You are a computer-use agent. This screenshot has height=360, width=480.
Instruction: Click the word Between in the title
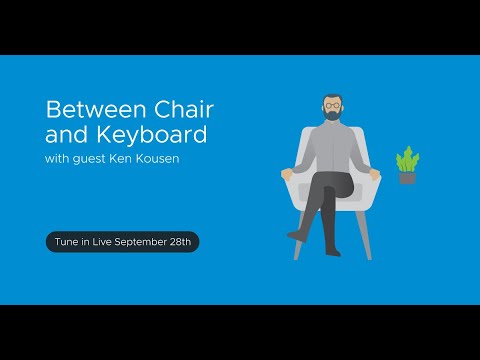[83, 108]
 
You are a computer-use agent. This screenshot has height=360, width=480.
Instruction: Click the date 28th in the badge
[185, 242]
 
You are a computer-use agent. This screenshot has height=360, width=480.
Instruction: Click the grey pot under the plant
[406, 178]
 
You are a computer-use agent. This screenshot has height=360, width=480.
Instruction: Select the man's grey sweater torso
[331, 150]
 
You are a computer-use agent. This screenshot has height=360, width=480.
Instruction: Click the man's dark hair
[331, 97]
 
